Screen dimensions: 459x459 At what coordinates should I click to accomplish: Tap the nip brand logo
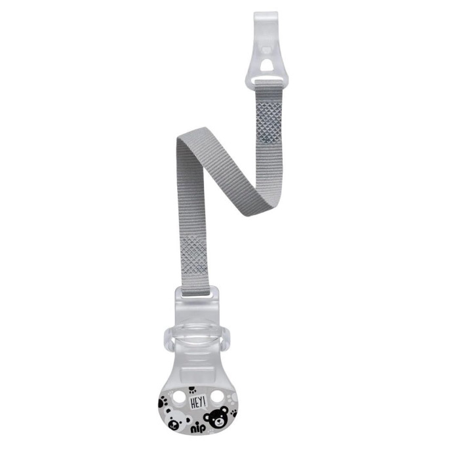198,430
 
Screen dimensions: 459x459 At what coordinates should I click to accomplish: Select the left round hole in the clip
178,396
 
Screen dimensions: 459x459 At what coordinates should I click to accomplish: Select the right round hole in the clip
217,396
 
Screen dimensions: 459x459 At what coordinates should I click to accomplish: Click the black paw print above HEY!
192,389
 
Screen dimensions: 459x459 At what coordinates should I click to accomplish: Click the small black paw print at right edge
233,413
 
